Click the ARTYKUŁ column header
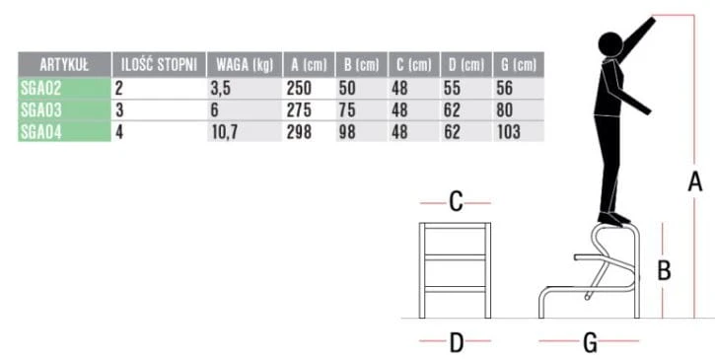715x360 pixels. [64, 65]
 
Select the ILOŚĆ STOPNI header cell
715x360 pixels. [159, 65]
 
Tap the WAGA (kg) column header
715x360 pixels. [245, 65]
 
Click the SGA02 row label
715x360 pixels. [40, 88]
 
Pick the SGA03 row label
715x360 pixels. [41, 109]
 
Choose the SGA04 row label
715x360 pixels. [41, 132]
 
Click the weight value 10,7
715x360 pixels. [223, 132]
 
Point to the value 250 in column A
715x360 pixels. [299, 88]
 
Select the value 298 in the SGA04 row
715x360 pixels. [299, 132]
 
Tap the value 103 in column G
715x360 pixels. [509, 132]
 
